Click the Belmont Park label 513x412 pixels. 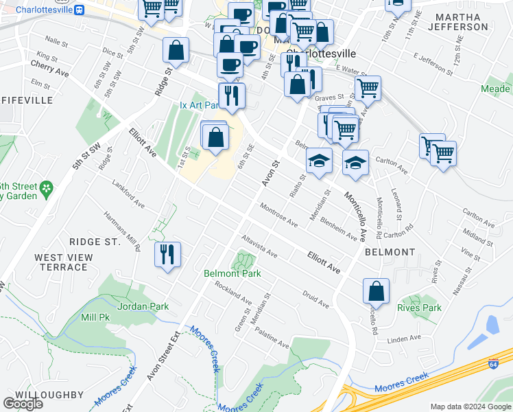coord(232,273)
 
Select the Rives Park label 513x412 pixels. coord(419,308)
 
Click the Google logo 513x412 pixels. coord(23,404)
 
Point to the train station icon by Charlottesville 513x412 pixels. coord(80,10)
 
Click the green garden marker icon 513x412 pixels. coord(47,187)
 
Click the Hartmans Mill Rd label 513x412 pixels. coord(121,230)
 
